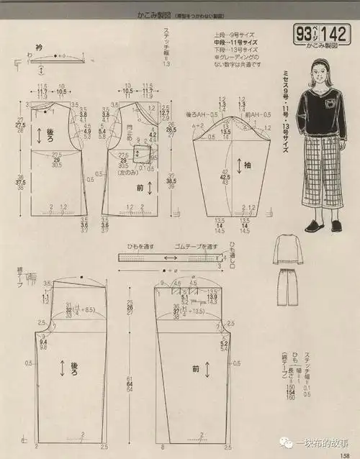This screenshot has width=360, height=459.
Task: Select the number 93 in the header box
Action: (304, 33)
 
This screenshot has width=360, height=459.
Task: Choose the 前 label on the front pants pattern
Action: (196, 366)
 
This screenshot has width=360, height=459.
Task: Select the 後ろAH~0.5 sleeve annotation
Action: (203, 115)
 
